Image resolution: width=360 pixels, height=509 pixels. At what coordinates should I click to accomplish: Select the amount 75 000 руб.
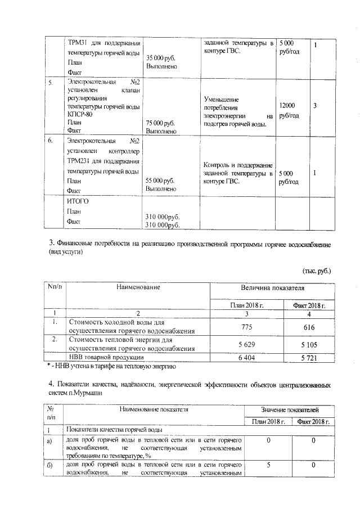pyautogui.click(x=160, y=122)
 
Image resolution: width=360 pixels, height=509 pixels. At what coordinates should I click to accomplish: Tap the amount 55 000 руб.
pyautogui.click(x=160, y=181)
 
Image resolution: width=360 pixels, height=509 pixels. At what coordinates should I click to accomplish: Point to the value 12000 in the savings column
pyautogui.click(x=287, y=106)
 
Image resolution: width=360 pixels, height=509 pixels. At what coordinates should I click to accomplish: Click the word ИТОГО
pyautogui.click(x=78, y=201)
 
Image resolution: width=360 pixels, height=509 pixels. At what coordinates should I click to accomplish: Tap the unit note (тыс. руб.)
pyautogui.click(x=317, y=271)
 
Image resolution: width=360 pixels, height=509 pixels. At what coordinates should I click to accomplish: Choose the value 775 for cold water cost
pyautogui.click(x=247, y=327)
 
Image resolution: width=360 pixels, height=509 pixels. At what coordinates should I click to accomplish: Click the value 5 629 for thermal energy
pyautogui.click(x=247, y=344)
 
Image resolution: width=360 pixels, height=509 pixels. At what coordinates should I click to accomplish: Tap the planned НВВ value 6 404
pyautogui.click(x=247, y=357)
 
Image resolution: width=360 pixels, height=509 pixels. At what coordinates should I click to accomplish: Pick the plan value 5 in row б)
pyautogui.click(x=268, y=466)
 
